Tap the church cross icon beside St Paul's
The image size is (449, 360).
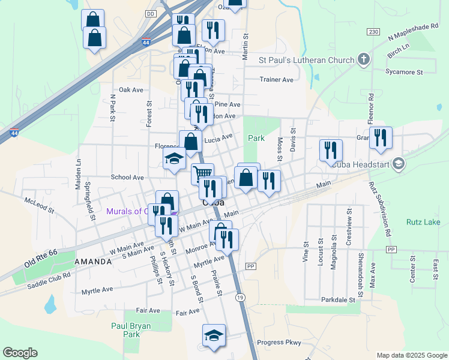[363, 59]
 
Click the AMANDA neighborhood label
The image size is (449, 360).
[93, 262]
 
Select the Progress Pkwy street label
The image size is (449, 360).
[278, 343]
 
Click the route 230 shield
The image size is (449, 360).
[373, 31]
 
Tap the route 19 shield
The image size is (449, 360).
[240, 298]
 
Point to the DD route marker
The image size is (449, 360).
[151, 13]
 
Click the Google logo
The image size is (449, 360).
[20, 353]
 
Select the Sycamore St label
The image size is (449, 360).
[404, 72]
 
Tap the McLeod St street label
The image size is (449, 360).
[39, 205]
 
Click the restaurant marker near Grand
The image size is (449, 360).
[381, 137]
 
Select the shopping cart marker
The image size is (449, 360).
[203, 174]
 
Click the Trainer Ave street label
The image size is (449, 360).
[276, 79]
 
